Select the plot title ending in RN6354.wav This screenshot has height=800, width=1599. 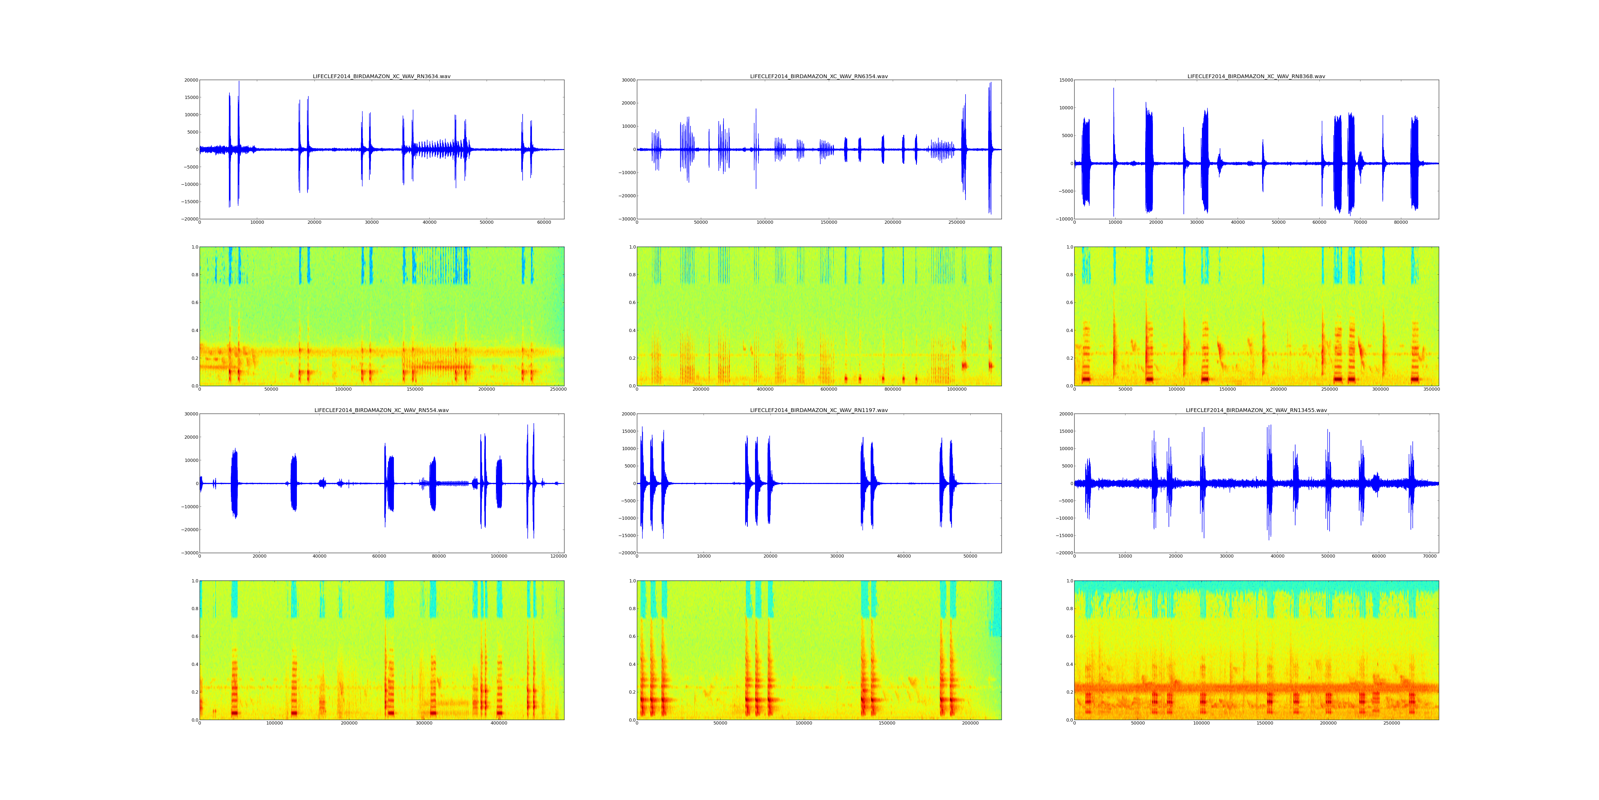click(x=819, y=76)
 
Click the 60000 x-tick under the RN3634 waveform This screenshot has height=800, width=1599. click(x=544, y=222)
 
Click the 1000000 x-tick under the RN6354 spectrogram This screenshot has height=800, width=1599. click(x=956, y=389)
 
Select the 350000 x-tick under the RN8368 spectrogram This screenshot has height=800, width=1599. click(x=1431, y=389)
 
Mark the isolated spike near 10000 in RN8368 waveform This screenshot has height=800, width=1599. click(x=1114, y=149)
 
